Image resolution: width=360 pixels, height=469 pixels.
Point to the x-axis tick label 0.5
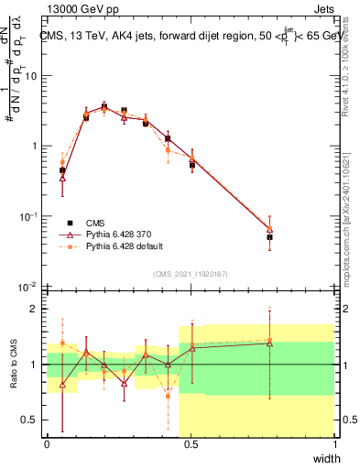(191, 444)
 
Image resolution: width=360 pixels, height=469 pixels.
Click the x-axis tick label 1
(334, 444)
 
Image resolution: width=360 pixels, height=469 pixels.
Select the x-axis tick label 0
(48, 444)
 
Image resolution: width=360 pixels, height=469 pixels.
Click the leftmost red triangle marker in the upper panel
(62, 178)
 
